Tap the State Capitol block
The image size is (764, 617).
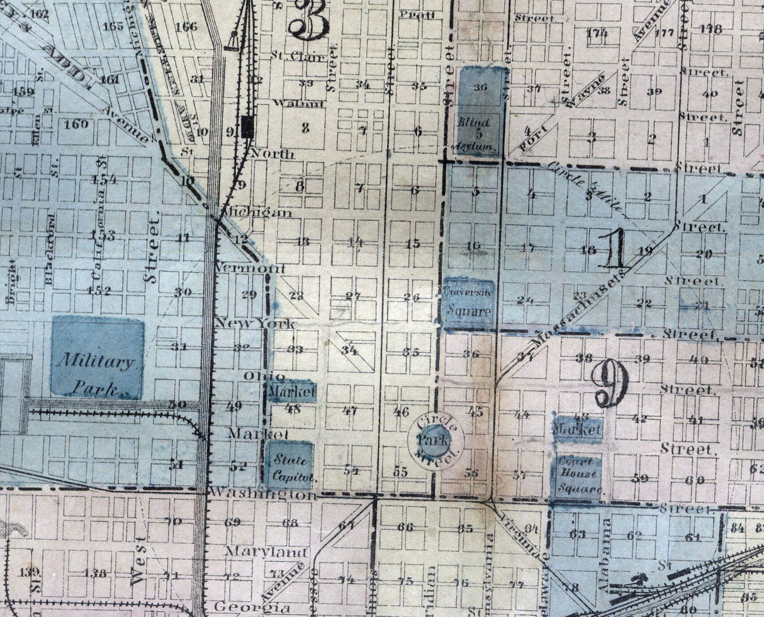coord(288,465)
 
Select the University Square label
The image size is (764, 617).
coord(468,301)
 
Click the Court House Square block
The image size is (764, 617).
coord(576,477)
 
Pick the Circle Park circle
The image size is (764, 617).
coord(435,437)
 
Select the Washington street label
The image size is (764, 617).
coord(262,494)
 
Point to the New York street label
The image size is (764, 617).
coord(255,323)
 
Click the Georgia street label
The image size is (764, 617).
coord(252,608)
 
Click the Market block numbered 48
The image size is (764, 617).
coord(291,392)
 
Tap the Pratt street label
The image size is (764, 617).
coord(417,14)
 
